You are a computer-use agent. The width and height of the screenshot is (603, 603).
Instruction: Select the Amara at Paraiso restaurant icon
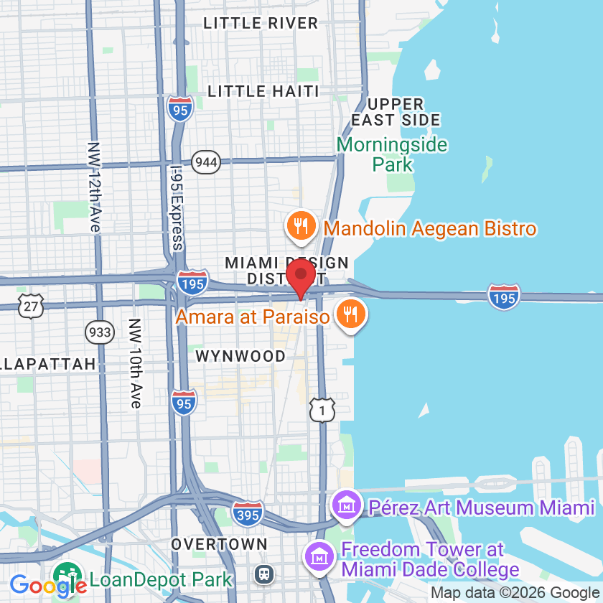(350, 315)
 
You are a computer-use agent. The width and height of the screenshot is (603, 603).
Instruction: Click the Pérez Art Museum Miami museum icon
(347, 507)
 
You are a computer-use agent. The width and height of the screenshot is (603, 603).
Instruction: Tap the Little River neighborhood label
(261, 23)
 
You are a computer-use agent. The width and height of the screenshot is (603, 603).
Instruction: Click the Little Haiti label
(263, 91)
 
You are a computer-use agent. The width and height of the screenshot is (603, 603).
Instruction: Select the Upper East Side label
(396, 112)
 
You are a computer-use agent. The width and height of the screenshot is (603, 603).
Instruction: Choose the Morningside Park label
(392, 154)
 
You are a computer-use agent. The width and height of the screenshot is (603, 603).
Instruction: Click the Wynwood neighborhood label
(240, 356)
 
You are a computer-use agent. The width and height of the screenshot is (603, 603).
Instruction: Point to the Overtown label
(219, 544)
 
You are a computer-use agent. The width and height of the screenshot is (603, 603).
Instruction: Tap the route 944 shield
(206, 162)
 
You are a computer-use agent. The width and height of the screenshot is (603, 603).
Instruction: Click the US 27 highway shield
(33, 305)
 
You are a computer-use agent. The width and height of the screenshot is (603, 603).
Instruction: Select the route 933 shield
(99, 332)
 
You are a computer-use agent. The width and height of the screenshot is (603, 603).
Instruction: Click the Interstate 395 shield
(248, 513)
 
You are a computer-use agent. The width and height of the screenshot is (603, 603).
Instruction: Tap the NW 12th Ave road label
(94, 186)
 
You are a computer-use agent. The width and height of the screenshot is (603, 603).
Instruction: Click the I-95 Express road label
(177, 208)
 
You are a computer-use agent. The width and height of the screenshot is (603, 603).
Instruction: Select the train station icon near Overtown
(265, 574)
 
